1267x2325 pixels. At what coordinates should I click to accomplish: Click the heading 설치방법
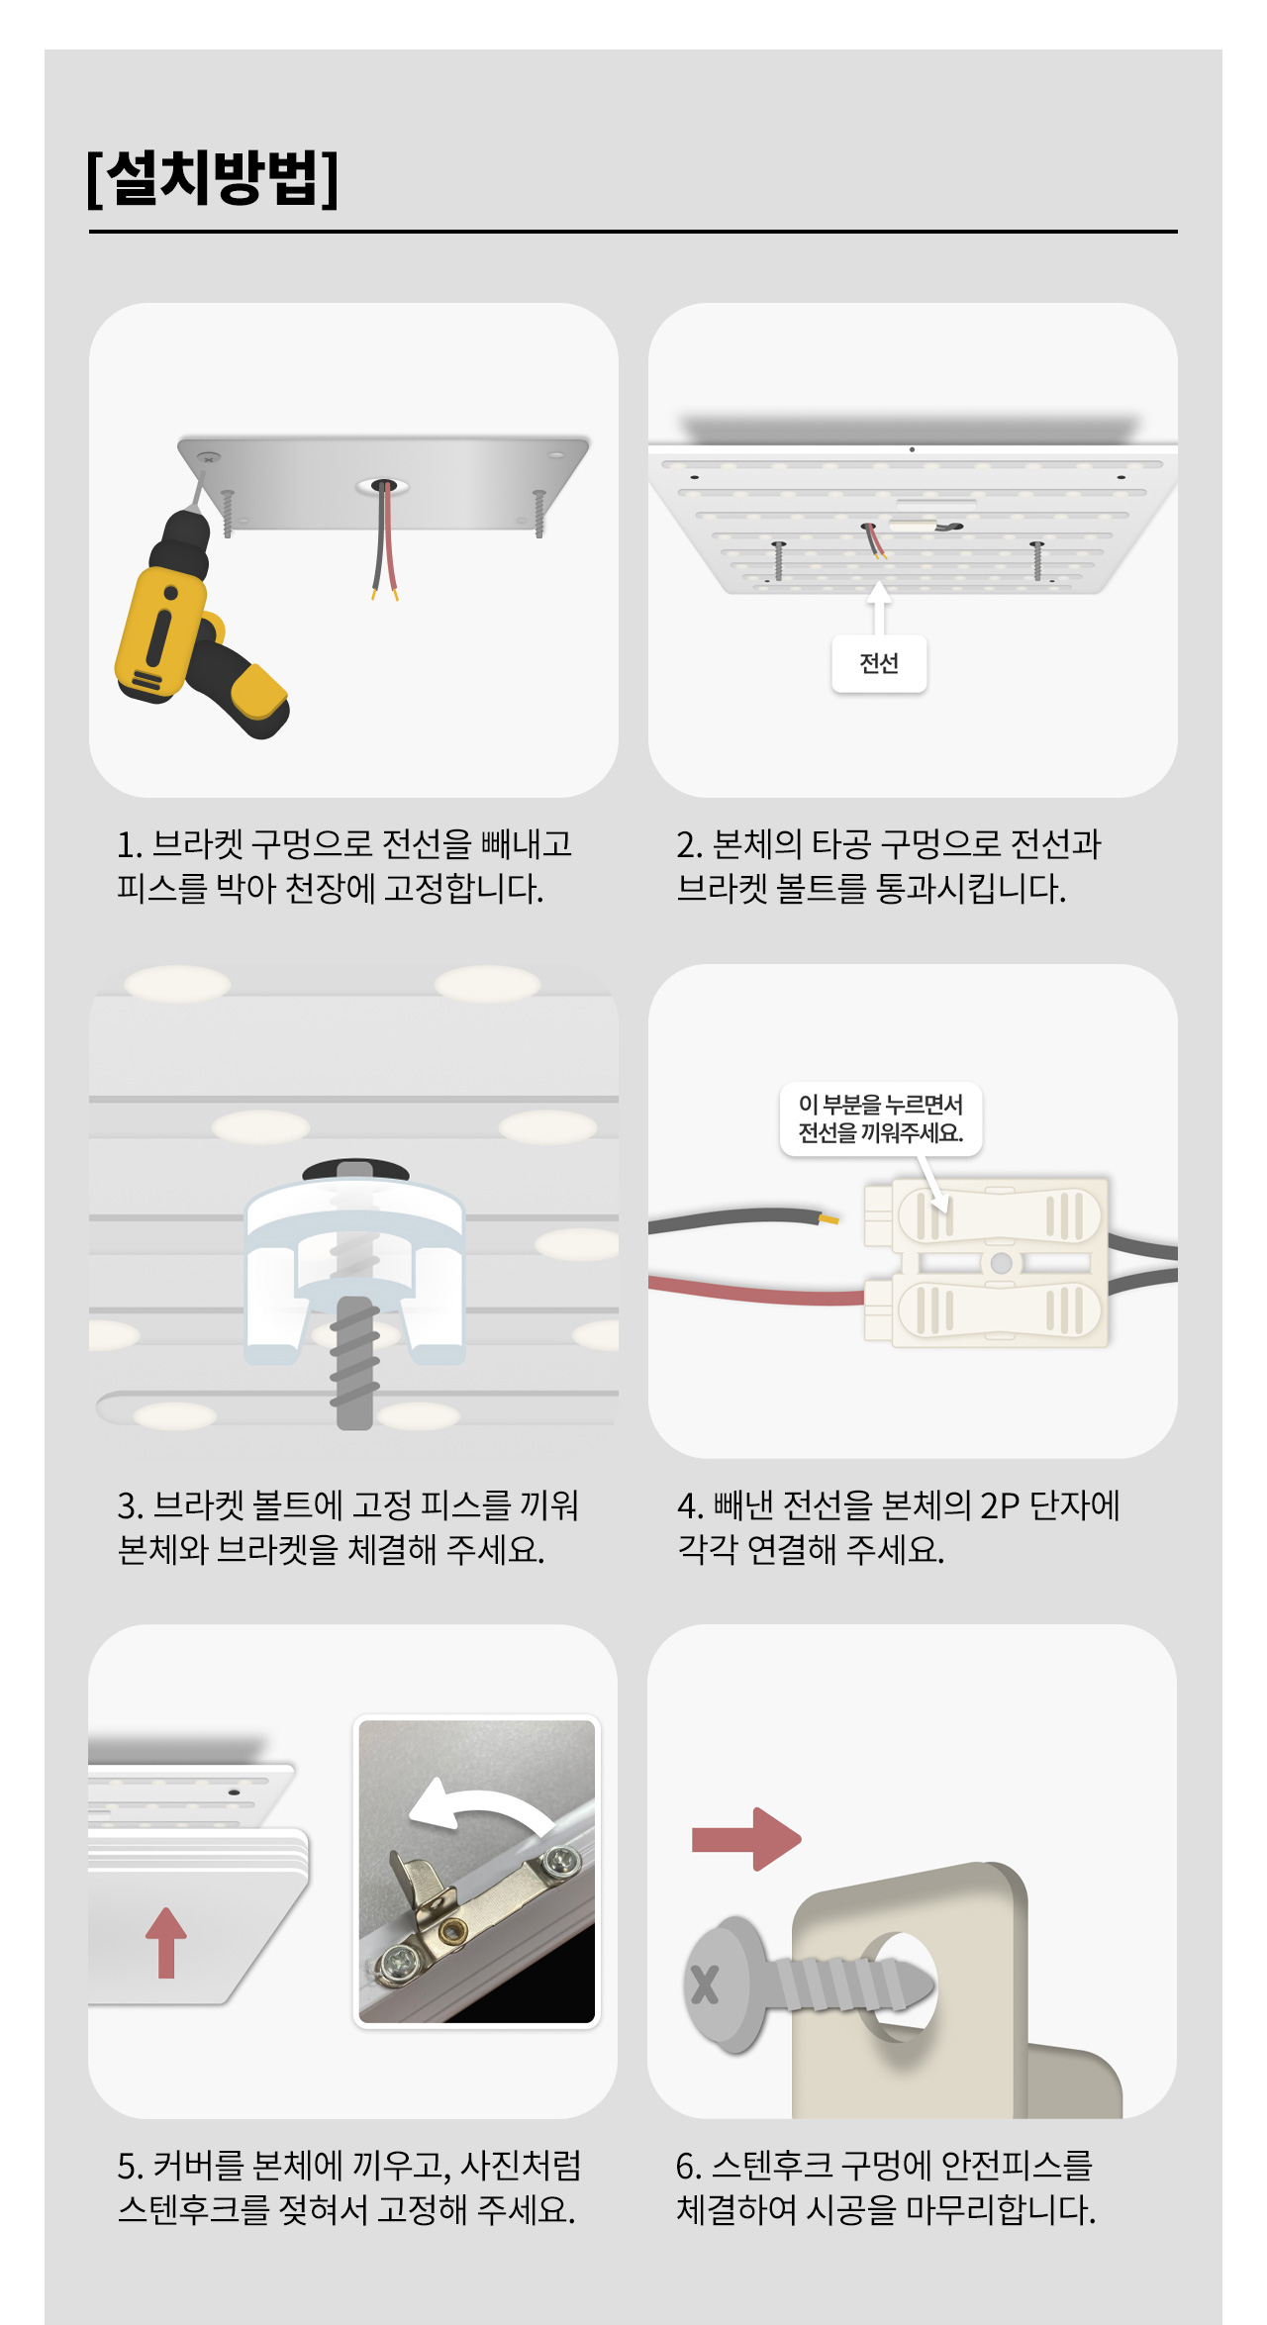213,178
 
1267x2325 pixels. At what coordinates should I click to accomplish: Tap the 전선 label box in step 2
879,663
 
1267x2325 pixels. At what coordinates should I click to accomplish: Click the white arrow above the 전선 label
879,606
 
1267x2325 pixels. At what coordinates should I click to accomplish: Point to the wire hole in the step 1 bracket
383,486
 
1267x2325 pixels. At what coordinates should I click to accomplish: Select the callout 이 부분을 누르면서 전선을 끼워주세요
881,1118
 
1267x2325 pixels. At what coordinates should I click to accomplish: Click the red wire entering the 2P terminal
757,1290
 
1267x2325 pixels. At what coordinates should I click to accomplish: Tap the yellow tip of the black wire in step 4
828,1218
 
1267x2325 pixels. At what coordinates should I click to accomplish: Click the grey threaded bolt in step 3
354,1361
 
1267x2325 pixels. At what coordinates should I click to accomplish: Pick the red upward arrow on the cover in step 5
166,1942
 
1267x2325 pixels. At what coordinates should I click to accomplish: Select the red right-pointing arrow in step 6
746,1839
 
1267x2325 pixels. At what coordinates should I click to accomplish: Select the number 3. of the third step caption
131,1505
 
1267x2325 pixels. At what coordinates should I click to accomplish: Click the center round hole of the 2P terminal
1001,1263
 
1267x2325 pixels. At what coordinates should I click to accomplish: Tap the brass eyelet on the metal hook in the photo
454,1929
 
